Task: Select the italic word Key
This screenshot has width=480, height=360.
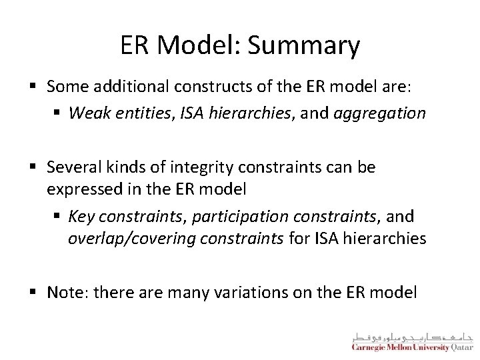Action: point(80,217)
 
